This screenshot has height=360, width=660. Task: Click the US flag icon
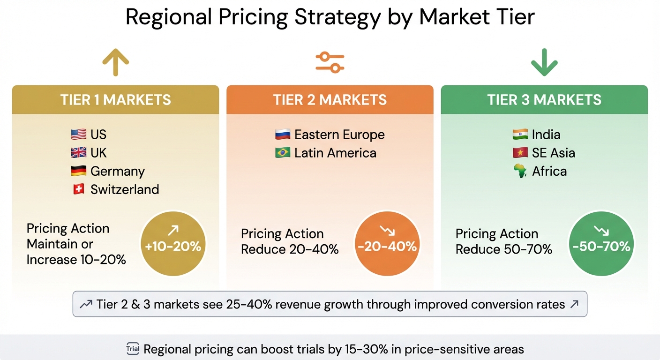78,135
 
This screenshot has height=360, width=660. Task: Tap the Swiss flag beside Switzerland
78,189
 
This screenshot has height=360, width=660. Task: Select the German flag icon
78,171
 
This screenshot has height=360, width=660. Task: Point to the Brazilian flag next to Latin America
282,153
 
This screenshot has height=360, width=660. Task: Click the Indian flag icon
520,135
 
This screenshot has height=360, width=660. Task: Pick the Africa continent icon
520,171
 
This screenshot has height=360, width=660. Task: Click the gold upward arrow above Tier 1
115,62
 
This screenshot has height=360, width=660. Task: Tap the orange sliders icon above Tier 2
330,62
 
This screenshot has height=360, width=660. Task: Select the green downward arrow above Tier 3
544,62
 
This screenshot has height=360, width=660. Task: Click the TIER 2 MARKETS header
330,100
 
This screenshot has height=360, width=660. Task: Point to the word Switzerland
125,189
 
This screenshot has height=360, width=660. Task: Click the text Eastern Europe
339,135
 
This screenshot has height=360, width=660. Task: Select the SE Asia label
553,153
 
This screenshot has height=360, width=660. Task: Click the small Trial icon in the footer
133,349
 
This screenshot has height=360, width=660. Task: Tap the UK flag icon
78,153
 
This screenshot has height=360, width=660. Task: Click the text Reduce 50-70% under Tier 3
504,249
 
